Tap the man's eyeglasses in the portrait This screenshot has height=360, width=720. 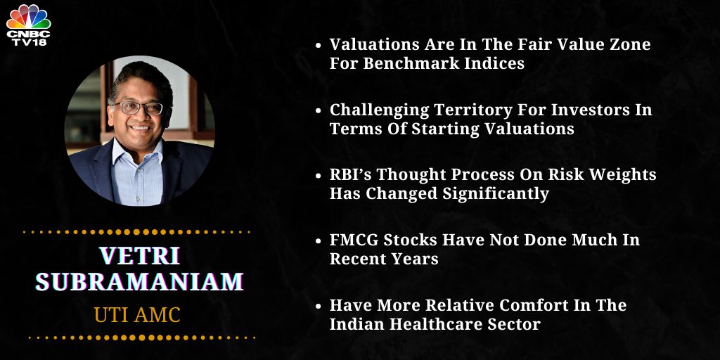[x=139, y=108]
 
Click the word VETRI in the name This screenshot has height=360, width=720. [x=139, y=257]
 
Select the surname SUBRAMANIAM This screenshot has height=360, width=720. [x=139, y=281]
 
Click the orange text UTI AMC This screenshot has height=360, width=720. [x=137, y=314]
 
